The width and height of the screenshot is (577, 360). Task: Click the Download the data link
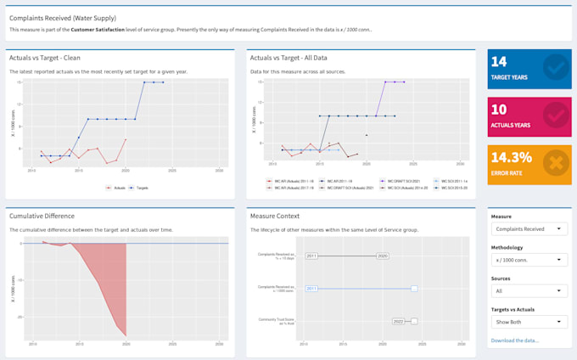point(514,340)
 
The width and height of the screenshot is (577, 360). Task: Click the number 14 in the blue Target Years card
point(499,61)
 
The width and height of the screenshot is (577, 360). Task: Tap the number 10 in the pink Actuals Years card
point(499,110)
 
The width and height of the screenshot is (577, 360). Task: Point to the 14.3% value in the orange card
point(511,157)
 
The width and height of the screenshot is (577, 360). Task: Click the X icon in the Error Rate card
point(556,162)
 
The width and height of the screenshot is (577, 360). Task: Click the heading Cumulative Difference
point(42,216)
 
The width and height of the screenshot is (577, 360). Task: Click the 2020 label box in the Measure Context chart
point(383,256)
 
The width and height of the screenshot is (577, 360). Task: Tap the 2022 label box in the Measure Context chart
point(398,322)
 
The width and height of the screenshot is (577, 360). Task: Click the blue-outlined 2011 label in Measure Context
point(311,289)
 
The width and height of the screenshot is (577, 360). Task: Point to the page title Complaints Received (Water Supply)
point(63,17)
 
